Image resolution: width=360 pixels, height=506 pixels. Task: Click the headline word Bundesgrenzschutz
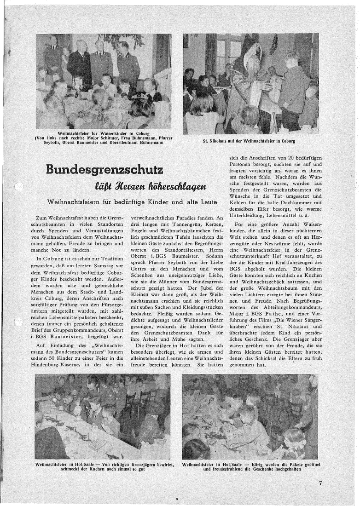click(105, 169)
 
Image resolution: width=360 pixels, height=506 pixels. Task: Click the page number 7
click(320, 483)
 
